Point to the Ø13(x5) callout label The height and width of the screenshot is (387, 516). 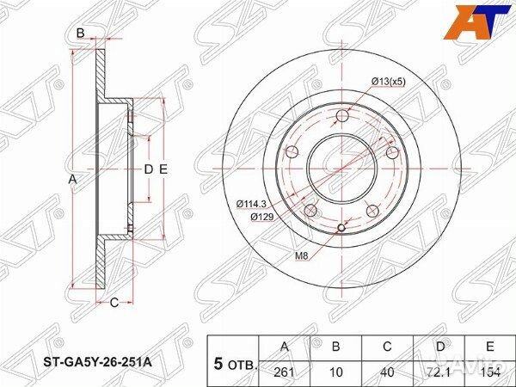389,81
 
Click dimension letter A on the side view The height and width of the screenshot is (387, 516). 73,178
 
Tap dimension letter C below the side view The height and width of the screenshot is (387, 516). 112,301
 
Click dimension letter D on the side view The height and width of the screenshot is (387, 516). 147,169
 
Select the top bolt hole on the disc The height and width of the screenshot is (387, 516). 341,117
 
